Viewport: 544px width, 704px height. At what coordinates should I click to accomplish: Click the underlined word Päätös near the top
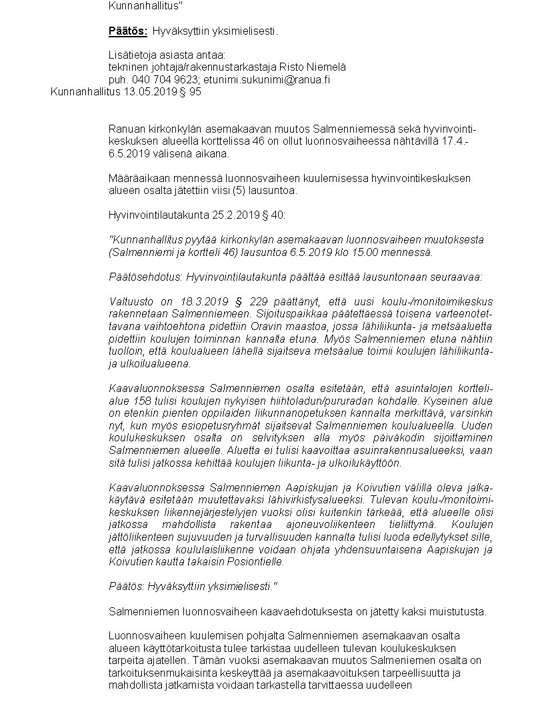[x=127, y=31]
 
